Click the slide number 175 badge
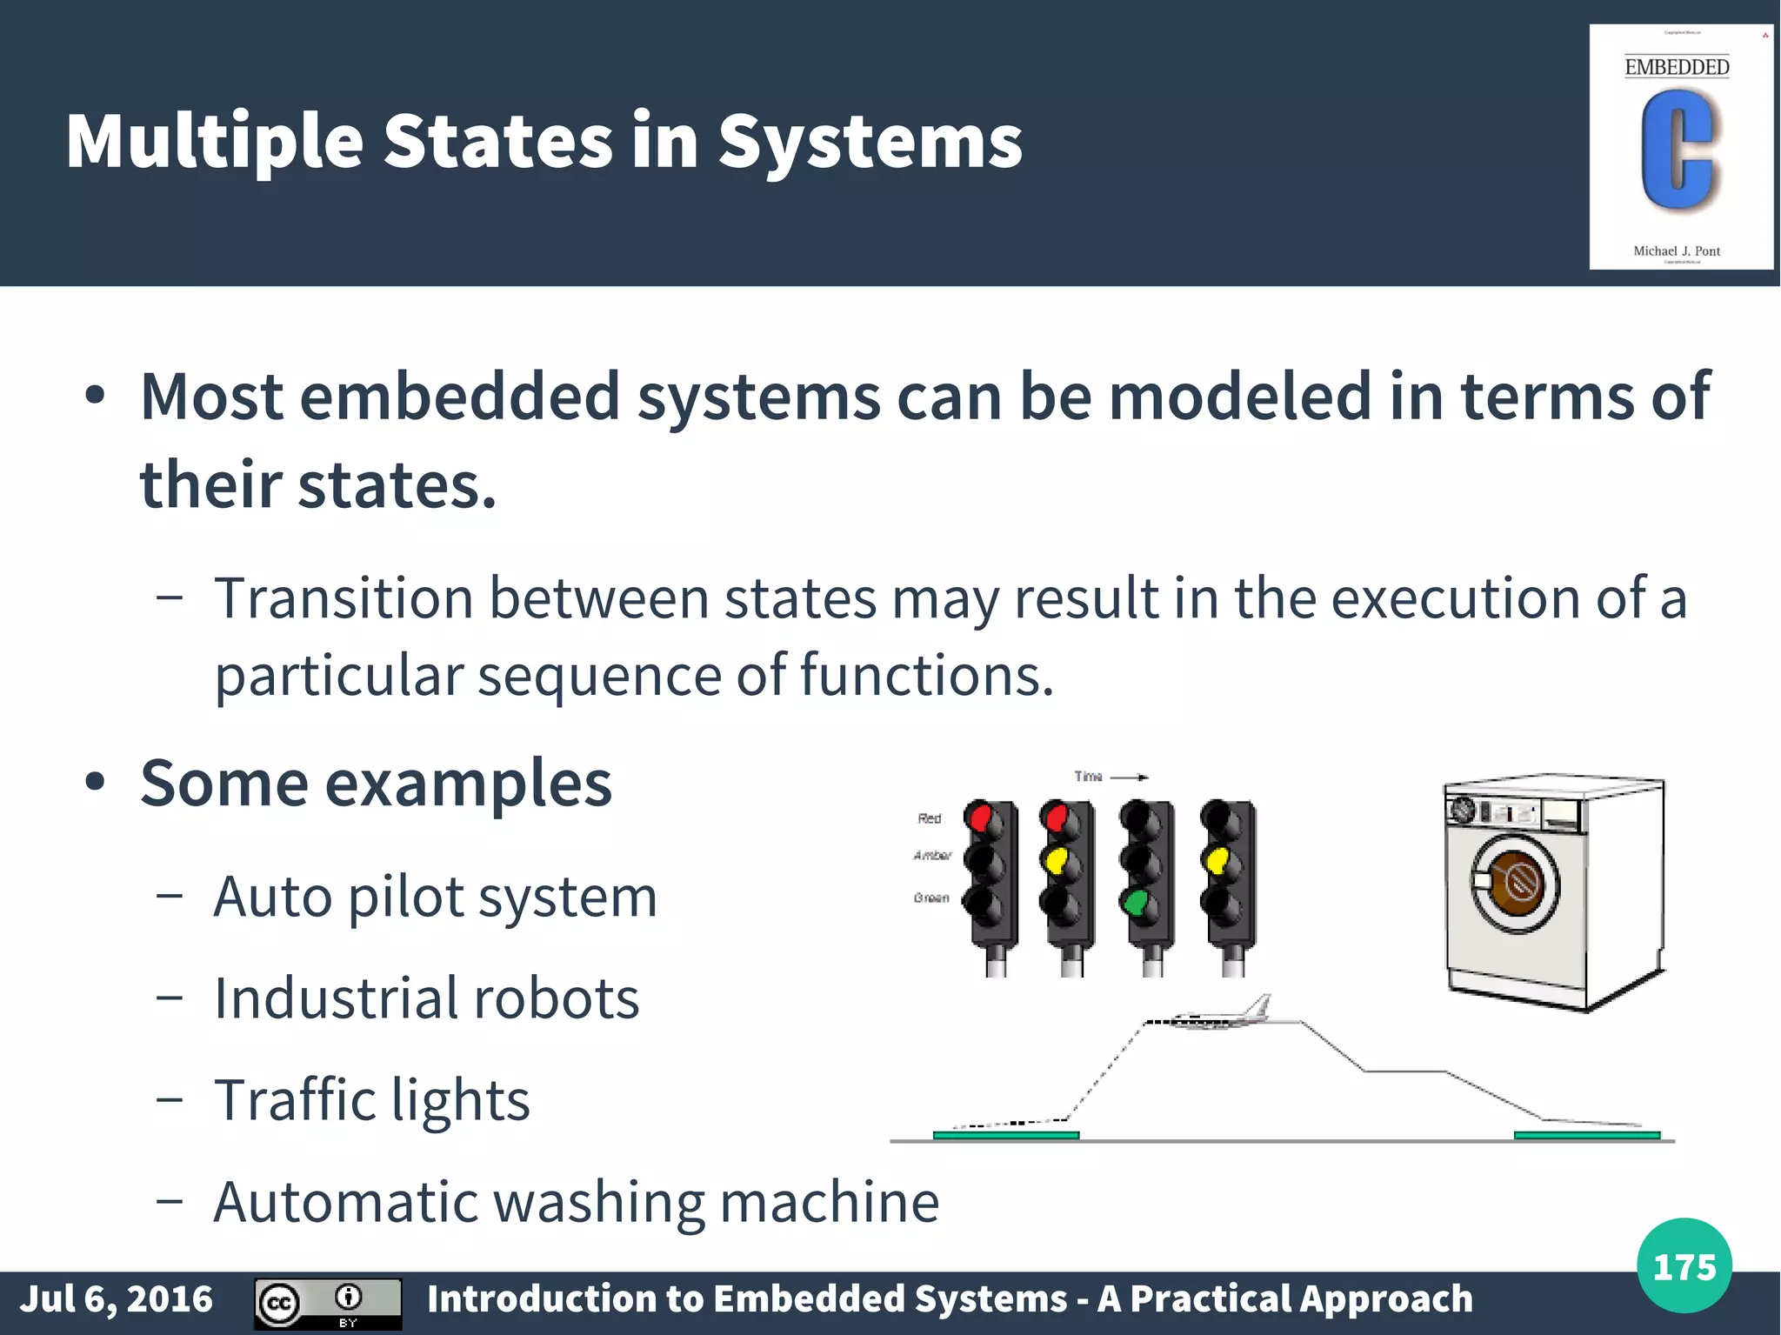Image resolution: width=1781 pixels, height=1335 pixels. click(x=1684, y=1266)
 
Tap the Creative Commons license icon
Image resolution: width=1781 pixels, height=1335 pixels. click(x=327, y=1303)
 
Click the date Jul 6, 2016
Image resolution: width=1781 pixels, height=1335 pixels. click(x=117, y=1298)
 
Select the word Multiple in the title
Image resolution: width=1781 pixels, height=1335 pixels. click(x=215, y=142)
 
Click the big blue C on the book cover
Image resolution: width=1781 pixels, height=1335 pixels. click(x=1678, y=150)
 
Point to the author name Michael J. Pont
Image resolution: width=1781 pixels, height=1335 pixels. click(x=1677, y=251)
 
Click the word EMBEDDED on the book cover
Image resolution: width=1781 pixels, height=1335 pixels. click(x=1677, y=67)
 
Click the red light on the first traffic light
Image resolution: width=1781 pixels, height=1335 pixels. click(x=980, y=818)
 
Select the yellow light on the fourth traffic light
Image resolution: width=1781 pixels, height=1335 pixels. click(x=1216, y=860)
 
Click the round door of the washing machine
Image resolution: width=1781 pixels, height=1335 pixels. click(x=1514, y=883)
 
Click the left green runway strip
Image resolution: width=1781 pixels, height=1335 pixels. click(x=1005, y=1135)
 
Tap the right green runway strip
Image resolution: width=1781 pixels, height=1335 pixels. click(x=1586, y=1135)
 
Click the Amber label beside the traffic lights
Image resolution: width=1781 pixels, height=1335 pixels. click(x=932, y=856)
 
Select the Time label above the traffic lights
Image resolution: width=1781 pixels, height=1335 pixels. click(x=1088, y=776)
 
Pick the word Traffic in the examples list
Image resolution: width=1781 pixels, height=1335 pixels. click(x=294, y=1100)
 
